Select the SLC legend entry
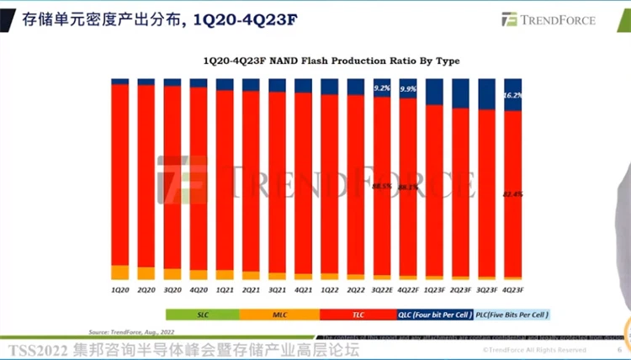(x=202, y=314)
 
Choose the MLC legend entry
(x=280, y=314)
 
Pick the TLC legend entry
(x=358, y=314)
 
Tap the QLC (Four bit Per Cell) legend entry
(x=435, y=314)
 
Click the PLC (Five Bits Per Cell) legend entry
(x=511, y=314)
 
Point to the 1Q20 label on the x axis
(x=120, y=289)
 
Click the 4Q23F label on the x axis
(x=512, y=289)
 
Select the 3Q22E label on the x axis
(x=382, y=289)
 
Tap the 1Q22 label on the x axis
(x=330, y=289)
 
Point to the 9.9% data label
(x=408, y=88)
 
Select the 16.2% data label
(x=513, y=96)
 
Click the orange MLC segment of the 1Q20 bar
(x=120, y=272)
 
